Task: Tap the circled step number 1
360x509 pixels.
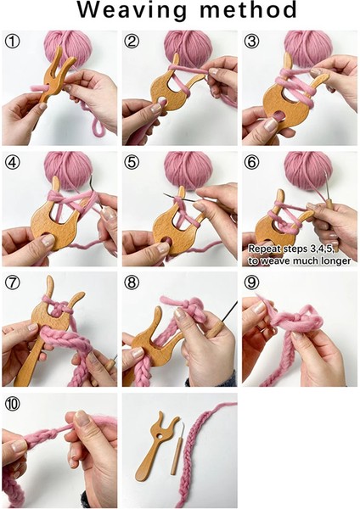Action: pyautogui.click(x=13, y=41)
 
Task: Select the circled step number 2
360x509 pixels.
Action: pyautogui.click(x=132, y=41)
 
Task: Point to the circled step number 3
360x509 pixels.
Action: pyautogui.click(x=252, y=41)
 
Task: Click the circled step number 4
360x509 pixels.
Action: pyautogui.click(x=13, y=161)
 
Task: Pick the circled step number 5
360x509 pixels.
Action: pyautogui.click(x=132, y=161)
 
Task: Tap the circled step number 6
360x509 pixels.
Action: pyautogui.click(x=252, y=161)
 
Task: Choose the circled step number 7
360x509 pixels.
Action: pyautogui.click(x=13, y=282)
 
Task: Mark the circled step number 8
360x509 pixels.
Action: pyautogui.click(x=132, y=282)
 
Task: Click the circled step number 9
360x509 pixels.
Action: pyautogui.click(x=252, y=282)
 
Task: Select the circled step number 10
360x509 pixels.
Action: pyautogui.click(x=13, y=402)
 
